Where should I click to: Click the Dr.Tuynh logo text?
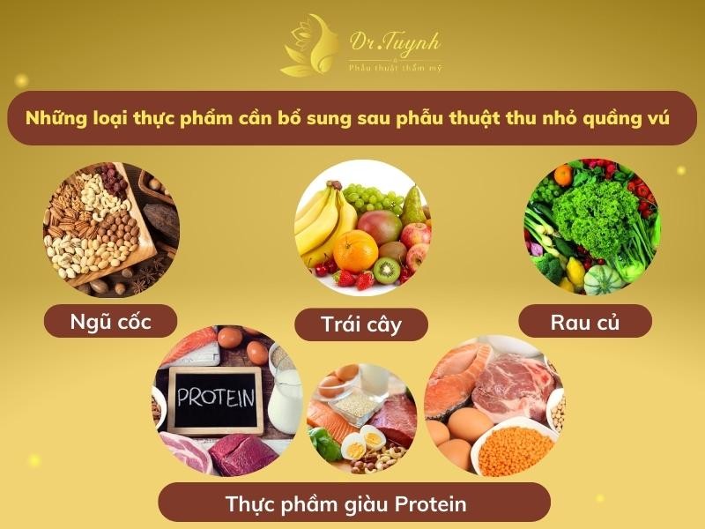pyautogui.click(x=395, y=43)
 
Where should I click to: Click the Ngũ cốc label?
pyautogui.click(x=111, y=322)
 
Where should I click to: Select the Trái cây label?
pyautogui.click(x=361, y=324)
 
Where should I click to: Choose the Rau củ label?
pyautogui.click(x=585, y=322)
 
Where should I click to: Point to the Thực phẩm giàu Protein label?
pyautogui.click(x=345, y=503)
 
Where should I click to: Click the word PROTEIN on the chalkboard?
pyautogui.click(x=216, y=397)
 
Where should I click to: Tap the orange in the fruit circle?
pyautogui.click(x=356, y=251)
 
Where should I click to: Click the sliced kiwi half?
pyautogui.click(x=386, y=271)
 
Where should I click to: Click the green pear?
pyautogui.click(x=413, y=206)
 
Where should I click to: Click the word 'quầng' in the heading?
pyautogui.click(x=612, y=119)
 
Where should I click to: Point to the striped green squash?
pyautogui.click(x=603, y=279)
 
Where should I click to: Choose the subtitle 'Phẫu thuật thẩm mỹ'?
pyautogui.click(x=395, y=68)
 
